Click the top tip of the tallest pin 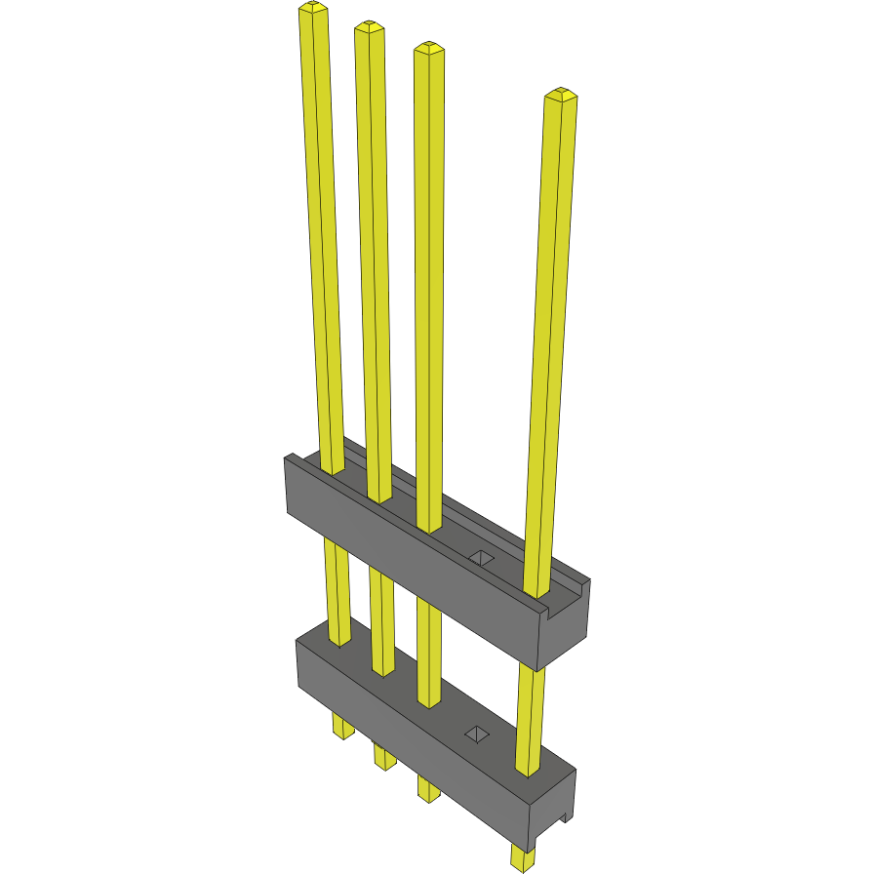point(311,8)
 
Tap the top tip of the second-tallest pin point(368,26)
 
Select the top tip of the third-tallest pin point(429,47)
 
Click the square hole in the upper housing point(481,558)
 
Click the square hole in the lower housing point(477,734)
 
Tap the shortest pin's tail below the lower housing point(523,857)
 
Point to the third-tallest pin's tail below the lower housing point(428,786)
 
